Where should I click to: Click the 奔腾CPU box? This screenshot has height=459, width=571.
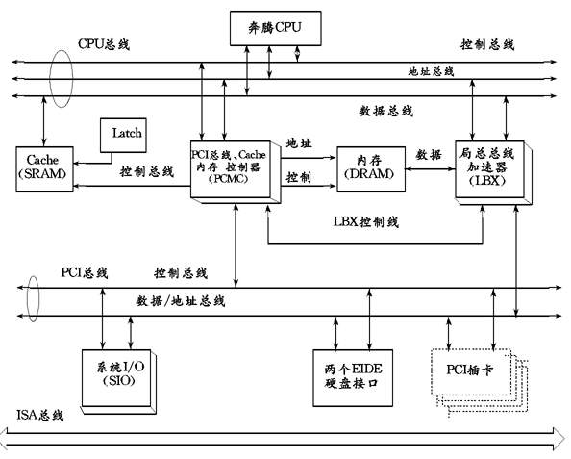pyautogui.click(x=275, y=28)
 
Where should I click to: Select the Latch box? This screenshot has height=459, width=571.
pyautogui.click(x=123, y=135)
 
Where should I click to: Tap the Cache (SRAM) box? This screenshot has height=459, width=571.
pyautogui.click(x=44, y=169)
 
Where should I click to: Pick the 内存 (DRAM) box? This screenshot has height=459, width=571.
pyautogui.click(x=371, y=169)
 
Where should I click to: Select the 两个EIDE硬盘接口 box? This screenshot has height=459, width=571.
pyautogui.click(x=353, y=378)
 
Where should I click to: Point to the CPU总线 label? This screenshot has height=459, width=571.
pyautogui.click(x=104, y=44)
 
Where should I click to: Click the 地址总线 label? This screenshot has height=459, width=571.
pyautogui.click(x=431, y=71)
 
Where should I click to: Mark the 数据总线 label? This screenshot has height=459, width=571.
pyautogui.click(x=386, y=111)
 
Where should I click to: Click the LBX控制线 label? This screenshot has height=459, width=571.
pyautogui.click(x=366, y=221)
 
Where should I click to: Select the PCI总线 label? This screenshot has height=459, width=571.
pyautogui.click(x=85, y=272)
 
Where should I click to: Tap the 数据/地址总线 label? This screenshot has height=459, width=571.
pyautogui.click(x=181, y=301)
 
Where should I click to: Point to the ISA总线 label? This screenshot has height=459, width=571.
pyautogui.click(x=40, y=415)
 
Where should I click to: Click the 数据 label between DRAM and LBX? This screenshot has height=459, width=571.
pyautogui.click(x=429, y=155)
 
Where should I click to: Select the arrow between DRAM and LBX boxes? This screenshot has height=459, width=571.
pyautogui.click(x=430, y=168)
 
